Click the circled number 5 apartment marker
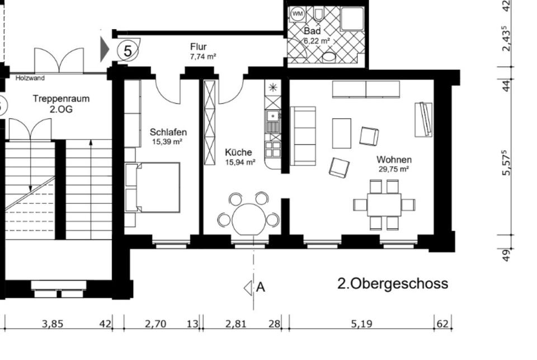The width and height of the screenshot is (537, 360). [x=128, y=51]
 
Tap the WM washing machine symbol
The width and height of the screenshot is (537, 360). [x=297, y=14]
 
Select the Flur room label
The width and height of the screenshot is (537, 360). [x=199, y=46]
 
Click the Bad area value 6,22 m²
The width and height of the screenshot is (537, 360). [x=317, y=41]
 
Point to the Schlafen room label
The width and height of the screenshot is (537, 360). [x=168, y=132]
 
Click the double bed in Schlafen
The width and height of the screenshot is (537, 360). [x=152, y=187]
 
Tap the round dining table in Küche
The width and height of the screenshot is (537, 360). [x=249, y=219]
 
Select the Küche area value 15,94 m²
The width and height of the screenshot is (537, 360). [x=240, y=162]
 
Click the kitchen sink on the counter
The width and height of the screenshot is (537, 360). [x=273, y=116]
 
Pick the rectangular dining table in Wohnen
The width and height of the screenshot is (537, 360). [x=384, y=205]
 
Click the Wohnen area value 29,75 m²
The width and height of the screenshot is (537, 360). [x=394, y=169]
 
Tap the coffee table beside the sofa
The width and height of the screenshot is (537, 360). [x=342, y=133]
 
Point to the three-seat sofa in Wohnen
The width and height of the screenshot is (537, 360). [x=303, y=136]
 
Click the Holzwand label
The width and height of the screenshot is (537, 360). [x=30, y=78]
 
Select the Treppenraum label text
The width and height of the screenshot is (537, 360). [x=62, y=99]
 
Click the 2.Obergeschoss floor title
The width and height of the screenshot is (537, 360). [x=393, y=284]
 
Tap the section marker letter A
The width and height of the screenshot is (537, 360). [x=261, y=287]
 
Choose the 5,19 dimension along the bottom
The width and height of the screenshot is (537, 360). [x=362, y=324]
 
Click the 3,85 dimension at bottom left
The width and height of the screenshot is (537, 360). [x=53, y=324]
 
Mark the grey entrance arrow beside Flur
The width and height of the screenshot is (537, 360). [x=105, y=50]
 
